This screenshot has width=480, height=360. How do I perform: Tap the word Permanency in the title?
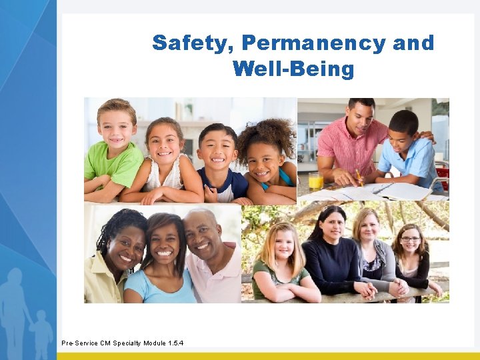[313, 44]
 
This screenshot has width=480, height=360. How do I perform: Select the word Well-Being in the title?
[293, 69]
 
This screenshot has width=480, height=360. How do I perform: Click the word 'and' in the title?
[413, 44]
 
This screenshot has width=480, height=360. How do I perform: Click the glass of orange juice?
[315, 180]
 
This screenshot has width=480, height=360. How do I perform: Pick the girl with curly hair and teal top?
[267, 160]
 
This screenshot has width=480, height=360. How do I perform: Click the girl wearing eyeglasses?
[411, 257]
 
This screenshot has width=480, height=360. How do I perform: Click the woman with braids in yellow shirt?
[117, 257]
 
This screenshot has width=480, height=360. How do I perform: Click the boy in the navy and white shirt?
[220, 163]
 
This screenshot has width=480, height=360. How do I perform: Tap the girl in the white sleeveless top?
[163, 160]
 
